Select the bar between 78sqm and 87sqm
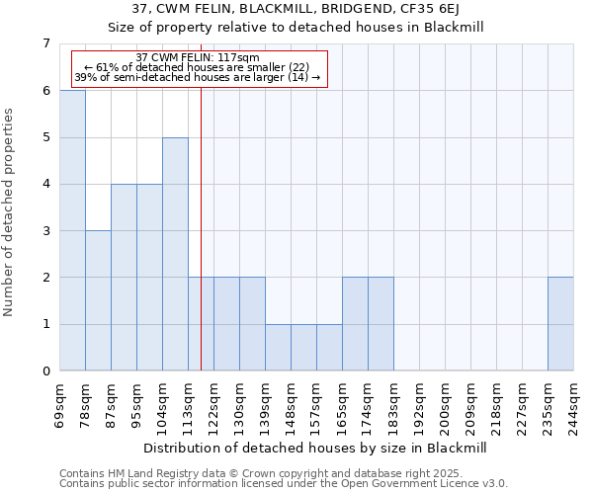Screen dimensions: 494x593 coord(98,300)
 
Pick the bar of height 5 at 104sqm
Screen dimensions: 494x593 coord(175,254)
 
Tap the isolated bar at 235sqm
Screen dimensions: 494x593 coord(560,324)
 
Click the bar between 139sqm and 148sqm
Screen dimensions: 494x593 coord(278,348)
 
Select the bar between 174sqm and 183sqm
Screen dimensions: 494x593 coord(381,324)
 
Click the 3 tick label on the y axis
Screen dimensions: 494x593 coord(44,231)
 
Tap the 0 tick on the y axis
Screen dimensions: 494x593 coord(44,371)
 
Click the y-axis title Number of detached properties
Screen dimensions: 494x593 coord(10,212)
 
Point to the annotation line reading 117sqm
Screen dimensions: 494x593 coord(198,57)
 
